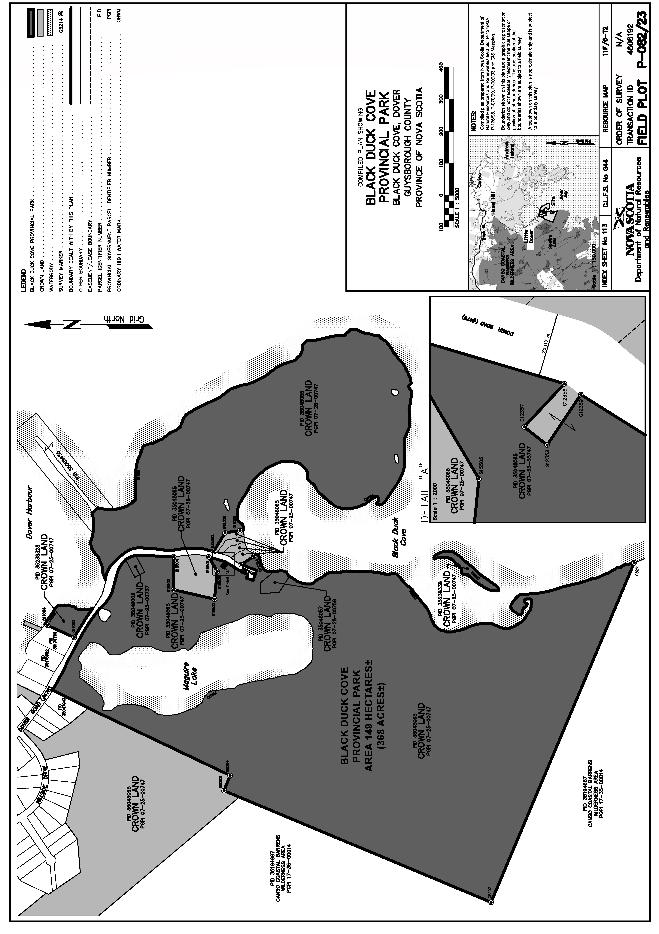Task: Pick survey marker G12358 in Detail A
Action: (x=548, y=444)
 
